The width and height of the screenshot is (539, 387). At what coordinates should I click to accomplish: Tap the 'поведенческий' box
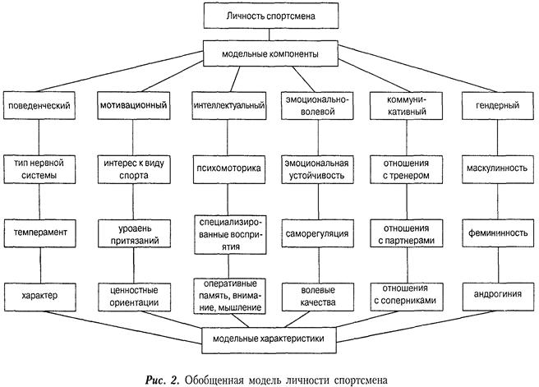pyautogui.click(x=39, y=106)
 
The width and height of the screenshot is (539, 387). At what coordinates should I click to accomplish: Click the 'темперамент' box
pyautogui.click(x=39, y=233)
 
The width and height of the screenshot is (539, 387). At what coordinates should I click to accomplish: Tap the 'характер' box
pyautogui.click(x=39, y=293)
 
